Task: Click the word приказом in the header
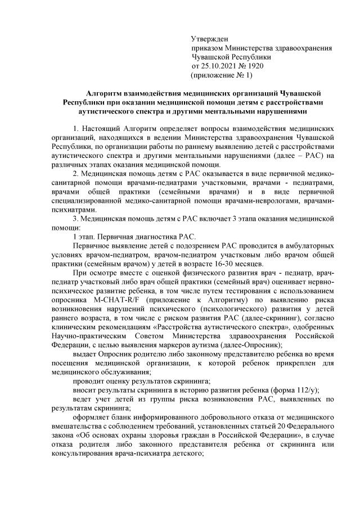click(208, 48)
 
